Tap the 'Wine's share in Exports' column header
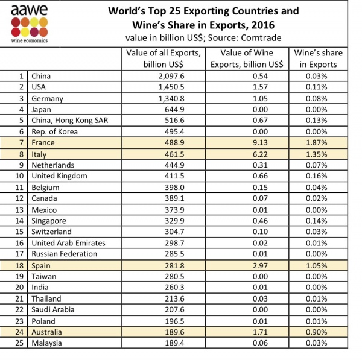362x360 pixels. [x=318, y=58]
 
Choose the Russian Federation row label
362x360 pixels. [x=63, y=254]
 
